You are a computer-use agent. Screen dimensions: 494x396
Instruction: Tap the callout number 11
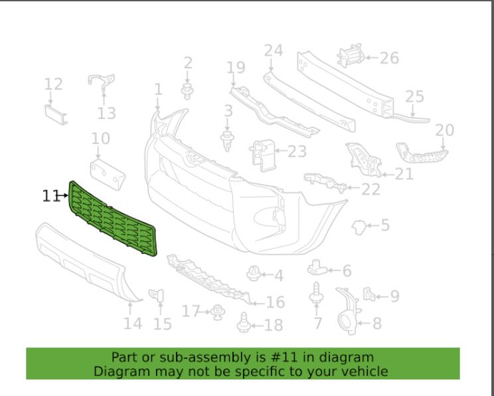coord(50,196)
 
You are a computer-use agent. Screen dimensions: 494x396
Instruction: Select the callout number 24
coord(274,50)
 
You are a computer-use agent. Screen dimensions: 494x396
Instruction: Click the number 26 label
coord(389,58)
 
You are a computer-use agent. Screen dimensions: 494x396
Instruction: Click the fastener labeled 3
coord(227,141)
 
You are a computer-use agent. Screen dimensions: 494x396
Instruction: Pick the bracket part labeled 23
coord(262,155)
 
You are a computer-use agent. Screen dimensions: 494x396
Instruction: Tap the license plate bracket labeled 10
coord(108,174)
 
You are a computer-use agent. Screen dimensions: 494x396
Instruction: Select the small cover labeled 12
coord(56,115)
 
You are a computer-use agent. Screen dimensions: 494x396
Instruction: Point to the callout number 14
coord(133,324)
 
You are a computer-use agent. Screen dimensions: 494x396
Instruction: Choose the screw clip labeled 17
coord(217,312)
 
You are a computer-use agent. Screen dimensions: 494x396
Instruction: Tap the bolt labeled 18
coord(244,322)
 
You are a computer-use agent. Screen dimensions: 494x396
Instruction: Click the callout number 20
coord(445,130)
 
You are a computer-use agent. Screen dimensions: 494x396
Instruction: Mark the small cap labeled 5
coord(359,227)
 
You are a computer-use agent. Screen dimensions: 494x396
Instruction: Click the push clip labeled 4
coord(254,274)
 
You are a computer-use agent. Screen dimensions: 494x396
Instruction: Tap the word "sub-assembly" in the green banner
coord(205,358)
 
